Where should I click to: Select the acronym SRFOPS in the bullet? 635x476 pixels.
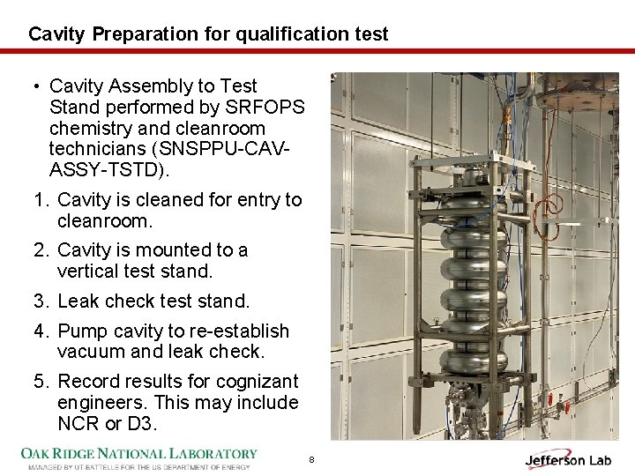pos(265,107)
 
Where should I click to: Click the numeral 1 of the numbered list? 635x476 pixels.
pos(40,200)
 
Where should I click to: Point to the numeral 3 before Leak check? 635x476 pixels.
pos(40,301)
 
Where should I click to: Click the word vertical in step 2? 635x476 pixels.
pos(87,271)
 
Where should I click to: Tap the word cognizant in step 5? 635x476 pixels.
pos(258,383)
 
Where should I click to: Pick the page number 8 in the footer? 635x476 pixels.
pos(311,459)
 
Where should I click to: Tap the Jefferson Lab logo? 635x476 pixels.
pos(568,459)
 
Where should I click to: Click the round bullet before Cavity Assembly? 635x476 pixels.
pos(37,86)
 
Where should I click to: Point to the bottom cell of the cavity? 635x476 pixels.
pos(474,361)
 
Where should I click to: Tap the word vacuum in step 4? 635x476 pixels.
pos(92,352)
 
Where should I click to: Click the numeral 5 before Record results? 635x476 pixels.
pos(40,382)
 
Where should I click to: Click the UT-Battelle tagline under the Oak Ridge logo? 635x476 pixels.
pos(139,467)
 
